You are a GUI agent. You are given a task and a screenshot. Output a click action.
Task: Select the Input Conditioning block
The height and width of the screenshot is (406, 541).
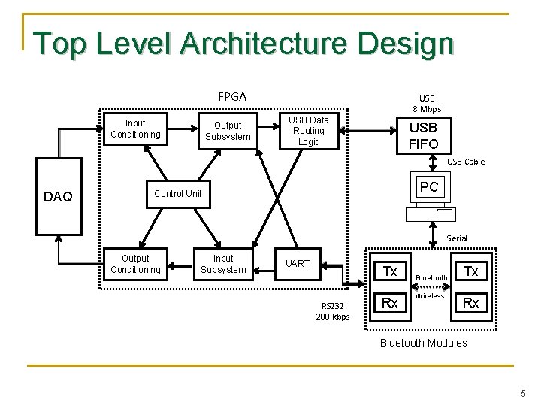[135, 129]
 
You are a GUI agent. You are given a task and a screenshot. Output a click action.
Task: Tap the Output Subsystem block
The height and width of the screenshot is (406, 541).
[228, 131]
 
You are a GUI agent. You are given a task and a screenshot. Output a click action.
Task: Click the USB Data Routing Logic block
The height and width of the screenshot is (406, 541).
[308, 131]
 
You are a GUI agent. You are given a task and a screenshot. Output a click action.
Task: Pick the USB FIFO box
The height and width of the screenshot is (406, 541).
[423, 135]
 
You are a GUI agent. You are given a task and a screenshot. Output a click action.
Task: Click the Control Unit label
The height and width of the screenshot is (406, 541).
[177, 194]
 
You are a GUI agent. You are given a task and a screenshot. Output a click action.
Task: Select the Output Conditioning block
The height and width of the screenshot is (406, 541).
[135, 264]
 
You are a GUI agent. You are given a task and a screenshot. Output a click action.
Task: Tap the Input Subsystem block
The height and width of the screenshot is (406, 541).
[223, 264]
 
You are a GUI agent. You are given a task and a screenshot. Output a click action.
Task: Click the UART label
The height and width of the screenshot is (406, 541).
[298, 263]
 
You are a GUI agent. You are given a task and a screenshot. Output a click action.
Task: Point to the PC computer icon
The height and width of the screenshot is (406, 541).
[430, 198]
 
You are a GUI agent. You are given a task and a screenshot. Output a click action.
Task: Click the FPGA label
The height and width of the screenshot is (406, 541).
[232, 96]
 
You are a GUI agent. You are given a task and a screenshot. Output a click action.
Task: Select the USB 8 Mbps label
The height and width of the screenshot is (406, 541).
[427, 104]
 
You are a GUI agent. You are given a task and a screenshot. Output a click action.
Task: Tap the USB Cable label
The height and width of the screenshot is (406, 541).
[466, 162]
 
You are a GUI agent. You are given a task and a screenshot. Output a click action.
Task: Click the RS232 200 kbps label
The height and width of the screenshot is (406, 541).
[332, 311]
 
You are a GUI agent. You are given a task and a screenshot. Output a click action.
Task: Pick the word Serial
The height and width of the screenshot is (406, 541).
[456, 238]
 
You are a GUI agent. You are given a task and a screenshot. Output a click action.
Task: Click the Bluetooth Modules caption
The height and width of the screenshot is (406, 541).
[423, 343]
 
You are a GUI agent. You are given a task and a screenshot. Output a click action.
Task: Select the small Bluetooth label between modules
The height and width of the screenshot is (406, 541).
[431, 278]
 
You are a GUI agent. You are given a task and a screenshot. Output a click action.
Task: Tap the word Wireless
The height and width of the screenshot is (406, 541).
[430, 296]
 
